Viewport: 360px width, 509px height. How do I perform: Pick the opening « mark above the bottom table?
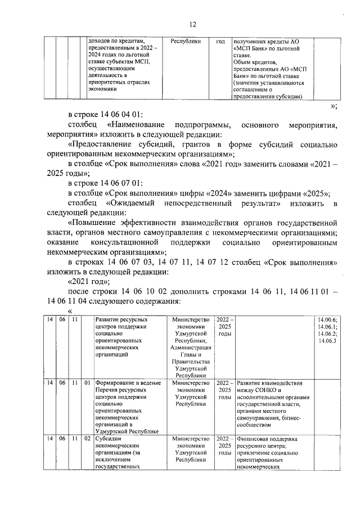click(x=70, y=311)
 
